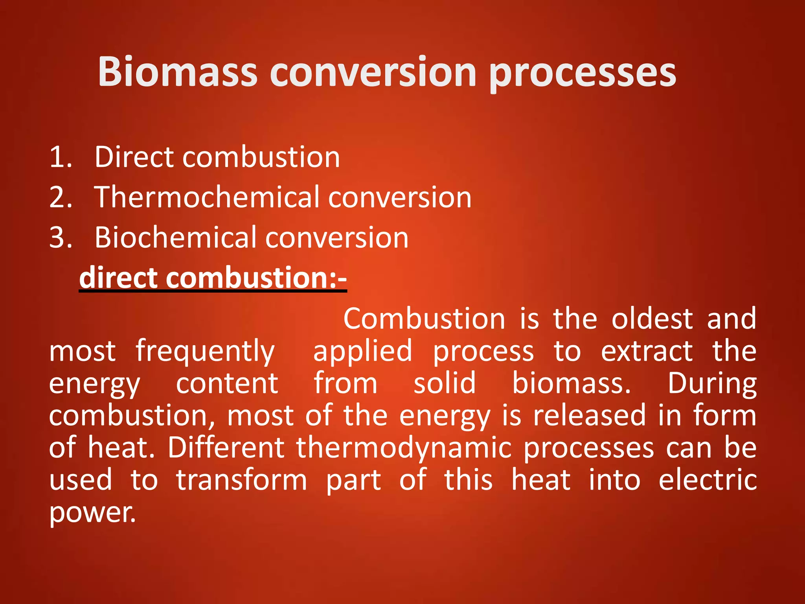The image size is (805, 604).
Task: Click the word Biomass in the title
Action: [177, 72]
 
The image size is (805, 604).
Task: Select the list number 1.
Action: [61, 157]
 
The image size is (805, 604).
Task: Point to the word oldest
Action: [652, 319]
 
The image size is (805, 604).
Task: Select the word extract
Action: [647, 351]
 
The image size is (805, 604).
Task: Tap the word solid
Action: [445, 383]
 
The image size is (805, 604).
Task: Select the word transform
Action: [241, 480]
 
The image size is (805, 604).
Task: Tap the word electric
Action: [708, 480]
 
